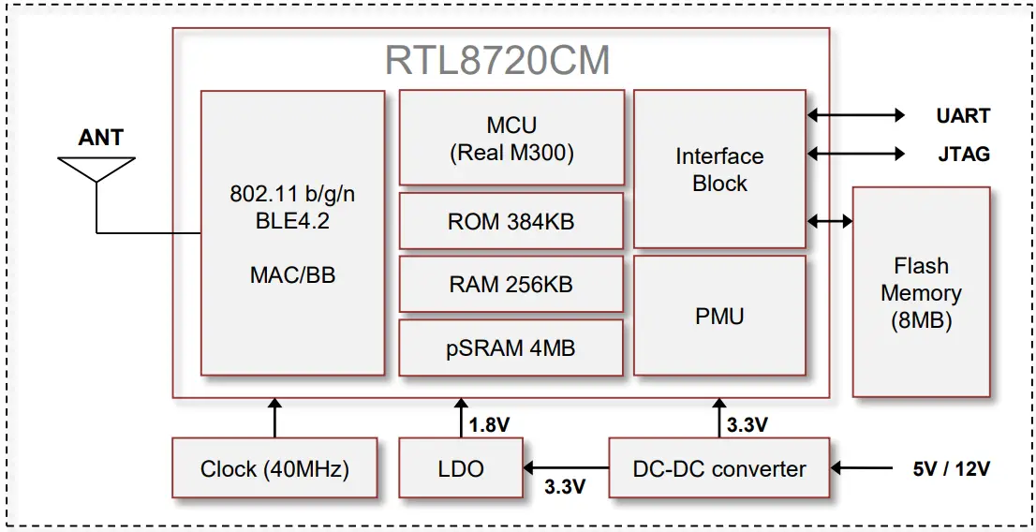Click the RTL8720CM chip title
[x=497, y=61]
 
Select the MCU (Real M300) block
[x=511, y=138]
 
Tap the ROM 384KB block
[x=511, y=222]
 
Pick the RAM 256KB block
[x=511, y=285]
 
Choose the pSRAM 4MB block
[x=511, y=348]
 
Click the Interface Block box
[x=719, y=170]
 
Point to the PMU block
[x=719, y=317]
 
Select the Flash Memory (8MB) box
[x=921, y=292]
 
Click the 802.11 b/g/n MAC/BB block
[x=292, y=233]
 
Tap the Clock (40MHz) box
[x=274, y=468]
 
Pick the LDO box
[x=461, y=468]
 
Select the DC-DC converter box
[x=719, y=468]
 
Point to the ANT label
[x=100, y=138]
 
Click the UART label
[x=963, y=116]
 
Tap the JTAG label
[x=963, y=154]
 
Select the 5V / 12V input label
[x=952, y=468]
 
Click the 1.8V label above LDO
[x=489, y=425]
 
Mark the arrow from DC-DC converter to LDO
[x=567, y=466]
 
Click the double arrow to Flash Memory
[x=829, y=221]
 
